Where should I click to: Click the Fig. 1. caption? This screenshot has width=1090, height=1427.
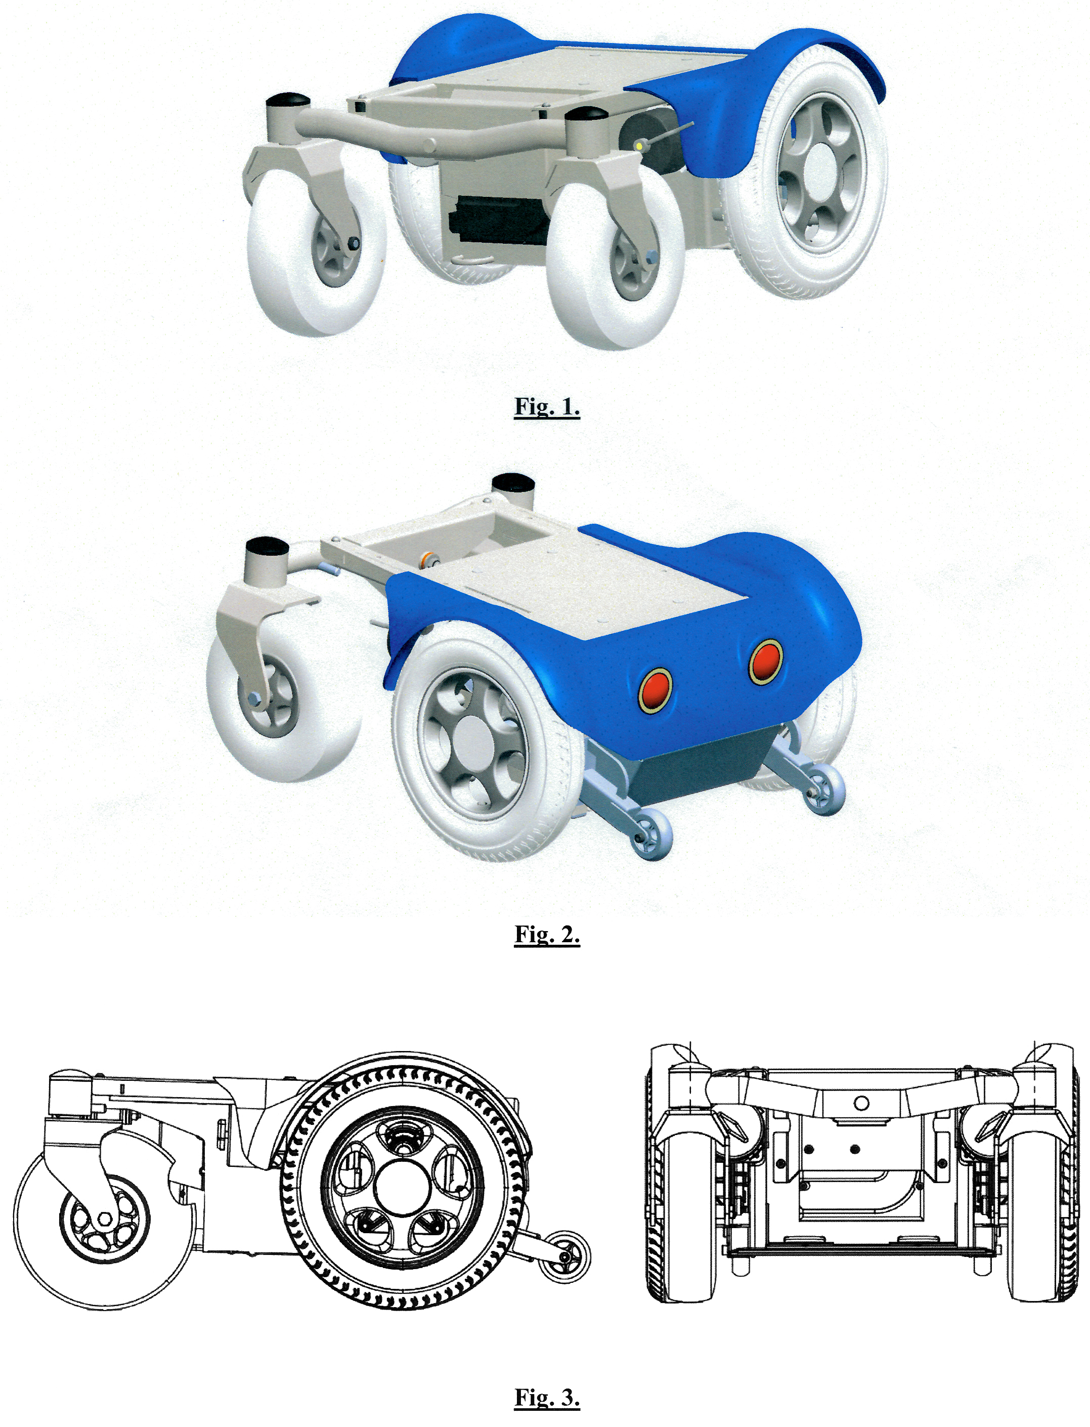pos(546,407)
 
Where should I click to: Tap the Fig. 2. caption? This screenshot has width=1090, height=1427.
pos(546,935)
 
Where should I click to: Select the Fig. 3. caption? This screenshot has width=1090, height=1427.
pos(546,1397)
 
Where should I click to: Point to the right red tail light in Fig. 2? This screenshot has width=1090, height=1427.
pos(766,661)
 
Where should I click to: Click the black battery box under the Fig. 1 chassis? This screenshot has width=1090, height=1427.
pos(496,221)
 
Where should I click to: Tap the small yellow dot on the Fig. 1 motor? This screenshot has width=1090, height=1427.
pos(640,147)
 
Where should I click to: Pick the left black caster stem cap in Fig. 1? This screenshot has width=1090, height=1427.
pos(288,101)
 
